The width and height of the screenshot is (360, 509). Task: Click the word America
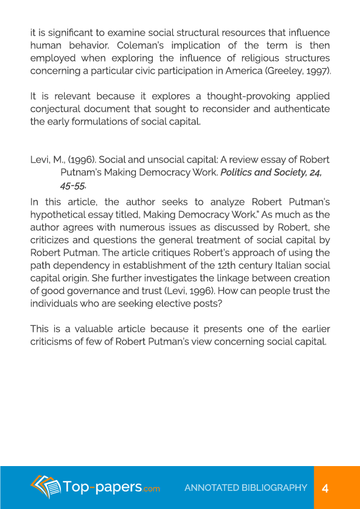(x=251, y=71)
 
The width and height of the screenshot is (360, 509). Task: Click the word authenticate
(x=300, y=109)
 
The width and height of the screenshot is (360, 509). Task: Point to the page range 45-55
(x=73, y=186)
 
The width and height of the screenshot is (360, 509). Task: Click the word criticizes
(x=52, y=240)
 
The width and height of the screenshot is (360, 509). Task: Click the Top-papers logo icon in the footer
(x=47, y=487)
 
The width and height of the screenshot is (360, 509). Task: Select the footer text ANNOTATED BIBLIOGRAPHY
(x=246, y=488)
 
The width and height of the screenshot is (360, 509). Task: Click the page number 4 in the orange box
(x=325, y=488)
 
